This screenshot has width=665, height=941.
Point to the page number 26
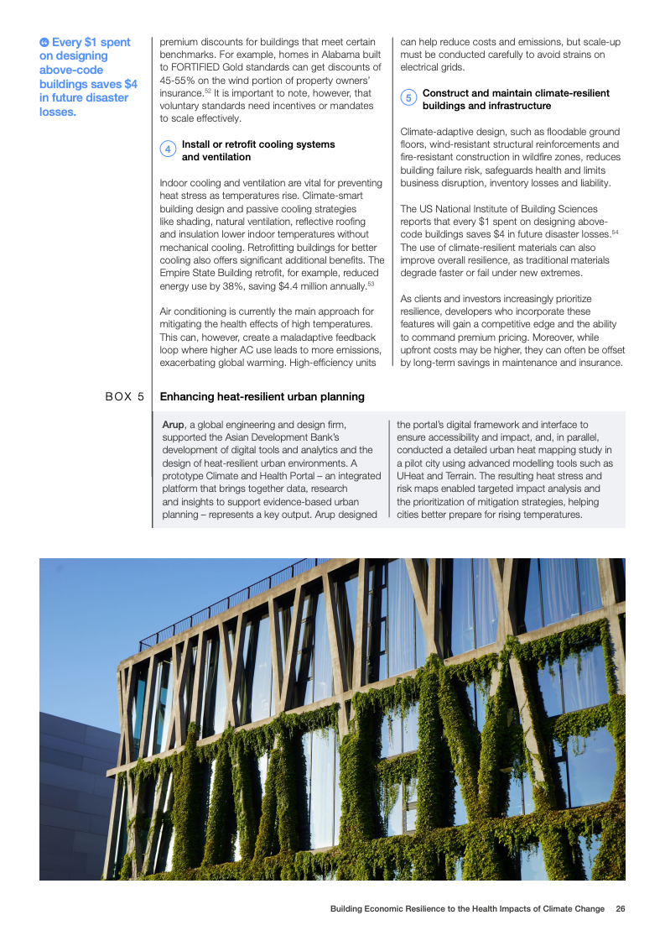point(620,909)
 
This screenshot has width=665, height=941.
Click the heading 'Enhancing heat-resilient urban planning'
point(262,396)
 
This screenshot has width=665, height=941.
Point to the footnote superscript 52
point(208,91)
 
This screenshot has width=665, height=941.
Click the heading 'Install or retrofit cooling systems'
point(258,144)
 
